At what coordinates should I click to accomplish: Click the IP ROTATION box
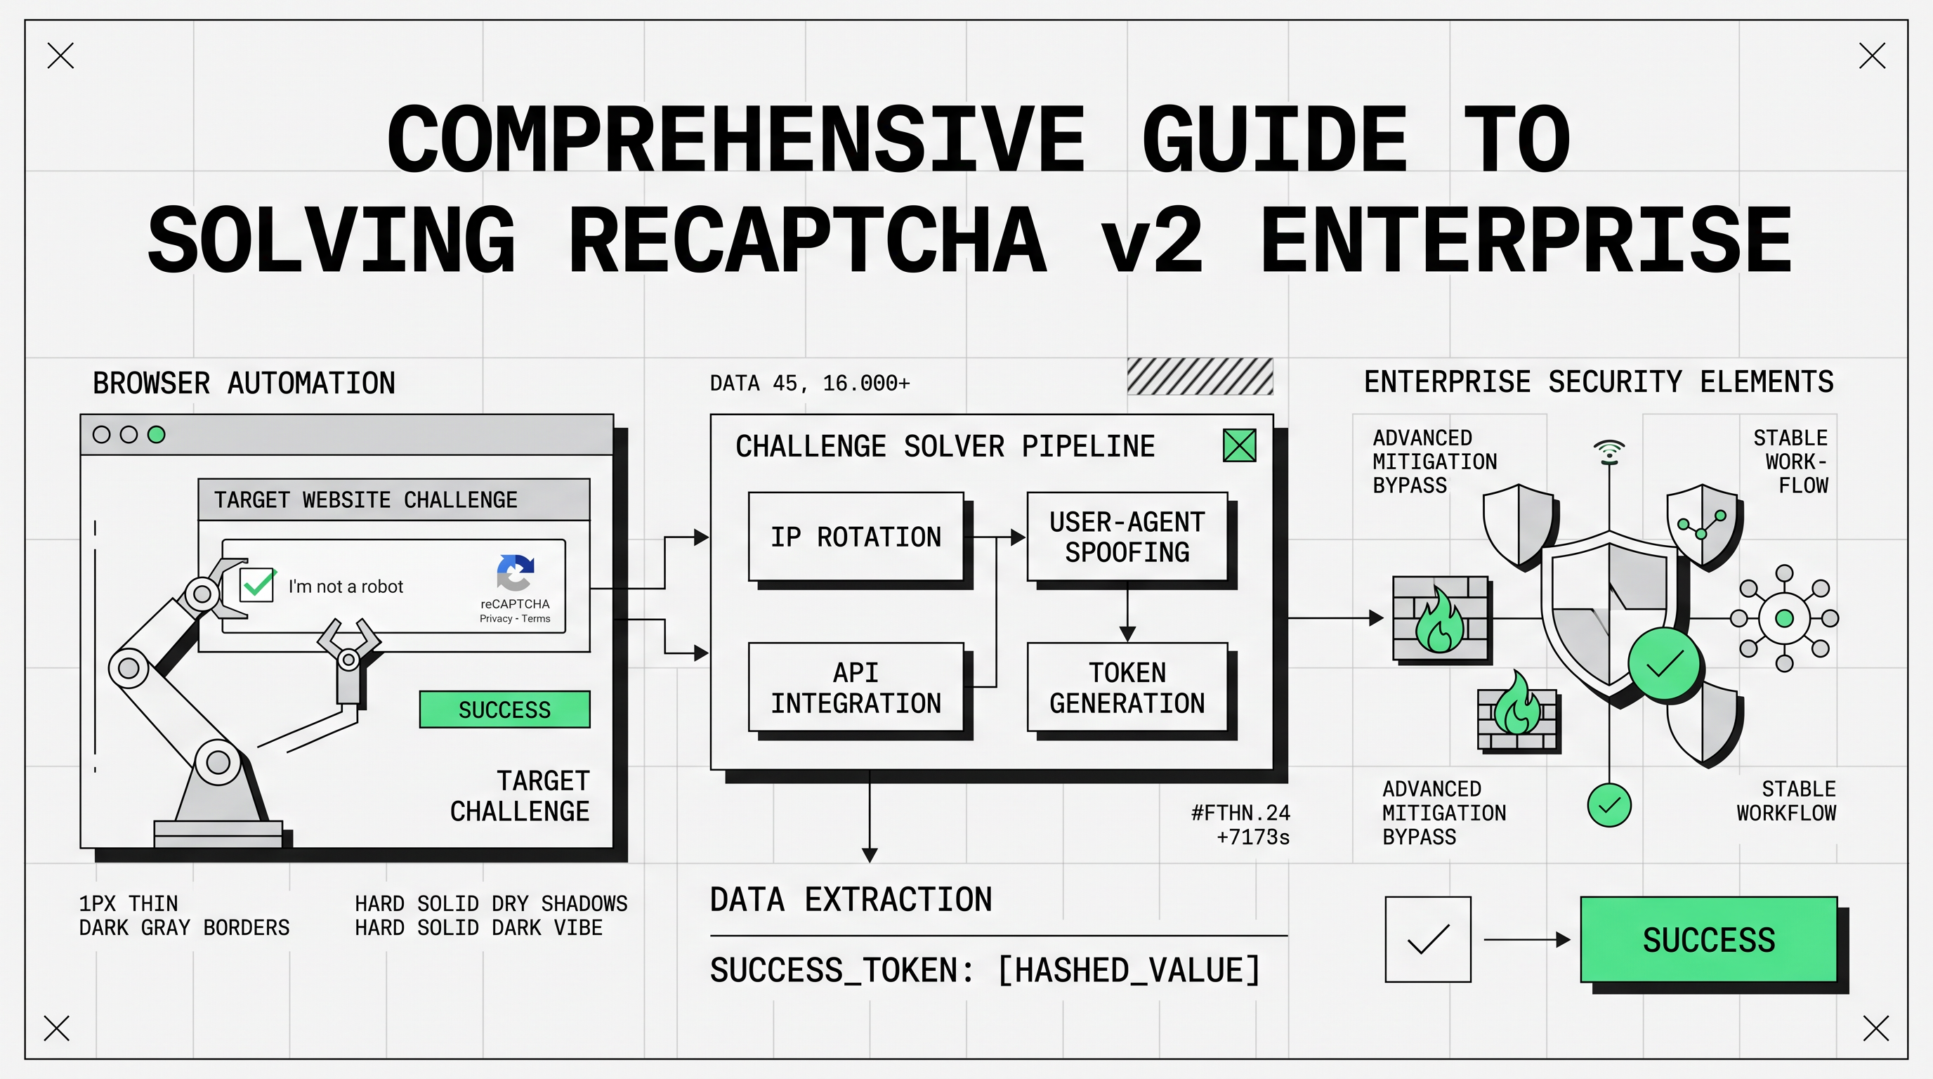pyautogui.click(x=856, y=537)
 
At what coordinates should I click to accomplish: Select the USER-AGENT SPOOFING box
pyautogui.click(x=1127, y=537)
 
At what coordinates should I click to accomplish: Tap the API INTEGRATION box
pyautogui.click(x=856, y=686)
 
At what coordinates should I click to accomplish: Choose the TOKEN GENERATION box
pyautogui.click(x=1127, y=686)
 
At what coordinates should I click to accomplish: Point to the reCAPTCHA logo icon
pyautogui.click(x=515, y=573)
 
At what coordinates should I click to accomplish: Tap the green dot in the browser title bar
pyautogui.click(x=156, y=434)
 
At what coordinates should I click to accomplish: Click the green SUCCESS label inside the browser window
pyautogui.click(x=504, y=709)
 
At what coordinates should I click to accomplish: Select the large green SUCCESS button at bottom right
pyautogui.click(x=1709, y=939)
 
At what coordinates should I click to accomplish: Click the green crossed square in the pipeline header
pyautogui.click(x=1239, y=445)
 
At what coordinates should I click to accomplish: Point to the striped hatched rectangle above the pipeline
pyautogui.click(x=1199, y=377)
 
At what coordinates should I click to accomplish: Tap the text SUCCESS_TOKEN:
pyautogui.click(x=841, y=970)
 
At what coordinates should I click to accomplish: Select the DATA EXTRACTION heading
pyautogui.click(x=851, y=900)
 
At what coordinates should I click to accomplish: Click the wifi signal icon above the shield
pyautogui.click(x=1608, y=451)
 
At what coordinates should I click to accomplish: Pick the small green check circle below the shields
pyautogui.click(x=1608, y=805)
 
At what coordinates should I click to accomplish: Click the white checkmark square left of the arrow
pyautogui.click(x=1427, y=939)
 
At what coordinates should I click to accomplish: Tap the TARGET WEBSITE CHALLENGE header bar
pyautogui.click(x=394, y=499)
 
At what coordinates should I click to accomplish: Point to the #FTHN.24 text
pyautogui.click(x=1240, y=813)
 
